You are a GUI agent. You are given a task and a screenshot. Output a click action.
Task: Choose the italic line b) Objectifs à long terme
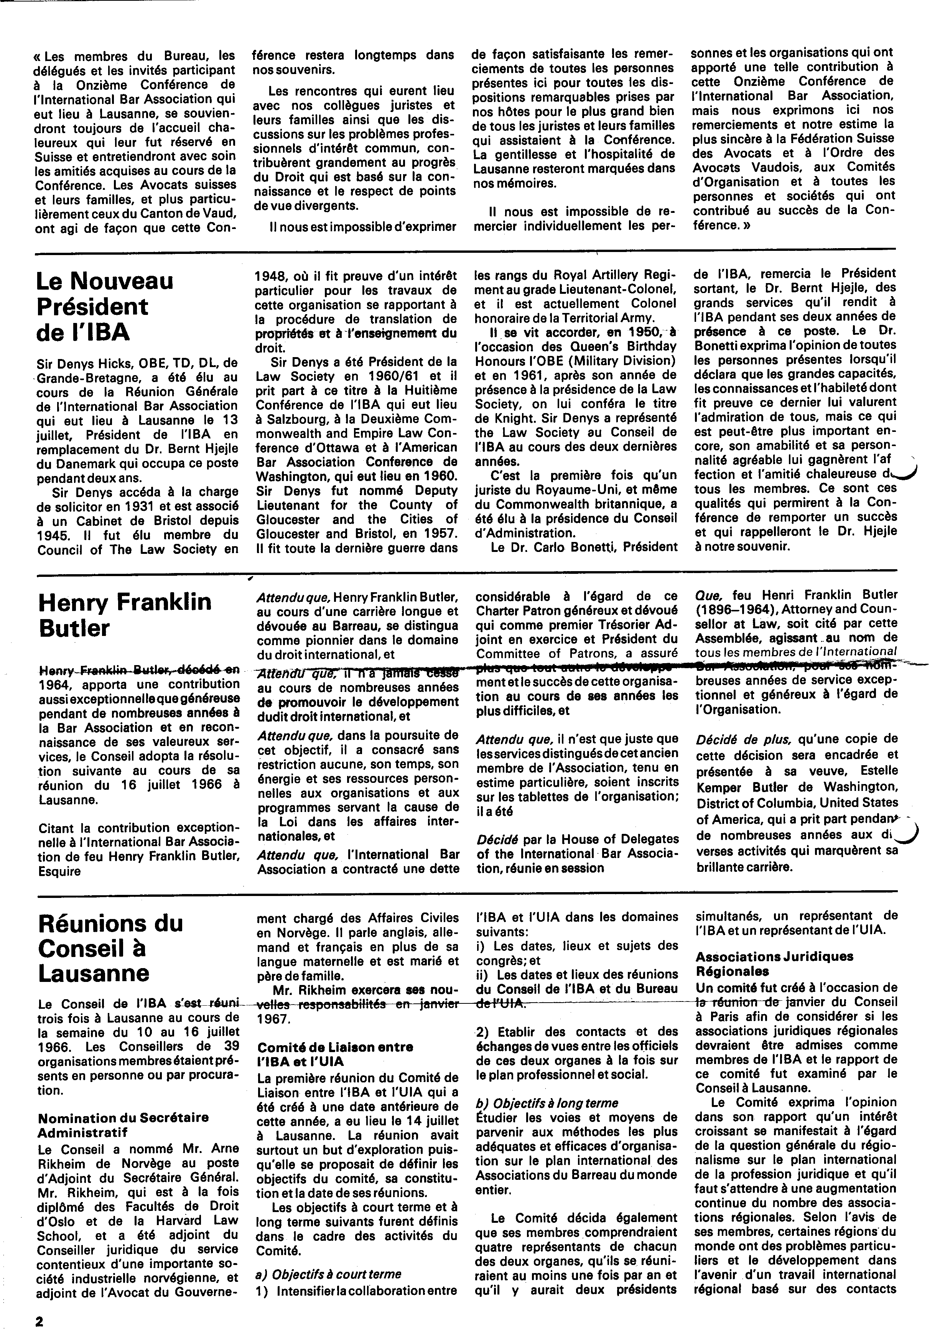pos(547,1103)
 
